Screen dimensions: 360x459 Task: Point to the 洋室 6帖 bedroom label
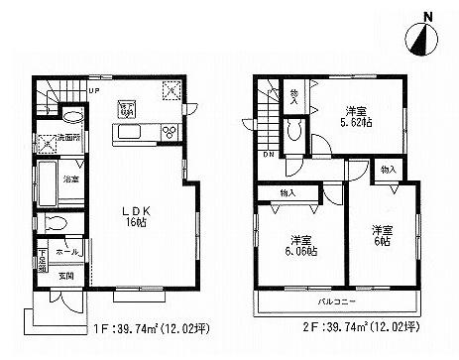(381, 235)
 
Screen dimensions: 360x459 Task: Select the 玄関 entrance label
(63, 276)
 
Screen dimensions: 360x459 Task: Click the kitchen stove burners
(167, 133)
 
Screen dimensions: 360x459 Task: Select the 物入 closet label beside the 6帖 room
(389, 172)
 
